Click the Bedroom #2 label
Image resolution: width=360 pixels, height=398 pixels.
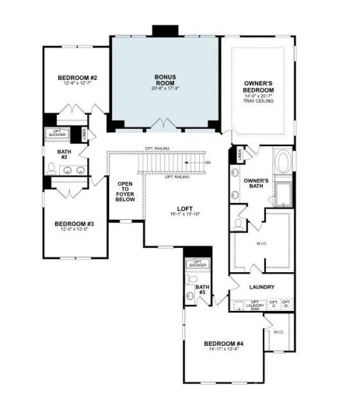click(x=76, y=78)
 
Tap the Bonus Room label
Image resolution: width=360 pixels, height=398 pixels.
click(x=165, y=79)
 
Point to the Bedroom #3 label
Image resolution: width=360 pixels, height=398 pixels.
click(x=73, y=224)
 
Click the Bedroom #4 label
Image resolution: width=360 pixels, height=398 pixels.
click(x=224, y=343)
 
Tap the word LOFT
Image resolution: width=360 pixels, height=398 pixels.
click(x=184, y=208)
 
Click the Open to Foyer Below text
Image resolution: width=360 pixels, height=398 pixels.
click(x=125, y=193)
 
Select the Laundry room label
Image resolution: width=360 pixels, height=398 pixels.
click(x=261, y=287)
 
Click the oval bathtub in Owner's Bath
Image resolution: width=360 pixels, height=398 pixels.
click(x=282, y=163)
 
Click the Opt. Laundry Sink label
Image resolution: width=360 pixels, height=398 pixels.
click(x=255, y=304)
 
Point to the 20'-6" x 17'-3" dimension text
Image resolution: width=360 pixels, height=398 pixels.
click(x=165, y=89)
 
